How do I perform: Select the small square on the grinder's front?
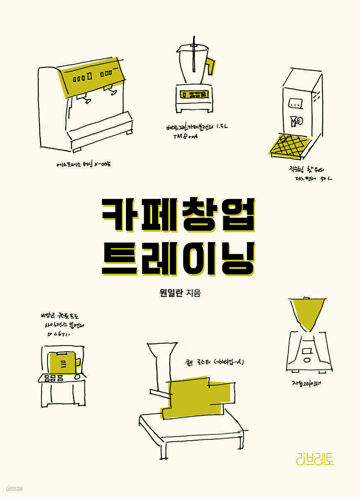tap(307, 352)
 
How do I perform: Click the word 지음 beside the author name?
tap(194, 294)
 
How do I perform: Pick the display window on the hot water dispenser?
tap(295, 103)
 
